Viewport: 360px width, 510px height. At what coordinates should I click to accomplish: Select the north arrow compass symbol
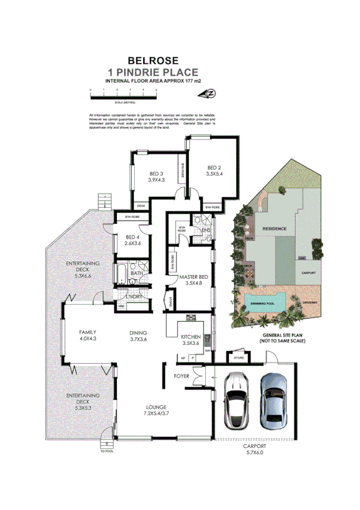210,93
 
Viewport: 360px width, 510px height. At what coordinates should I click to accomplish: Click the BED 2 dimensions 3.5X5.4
214,173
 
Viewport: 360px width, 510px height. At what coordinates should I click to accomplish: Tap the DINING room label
138,332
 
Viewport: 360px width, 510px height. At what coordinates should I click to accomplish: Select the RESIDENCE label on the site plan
274,229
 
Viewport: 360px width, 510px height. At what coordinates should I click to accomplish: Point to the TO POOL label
107,450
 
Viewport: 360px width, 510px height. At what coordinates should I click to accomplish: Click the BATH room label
137,273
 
